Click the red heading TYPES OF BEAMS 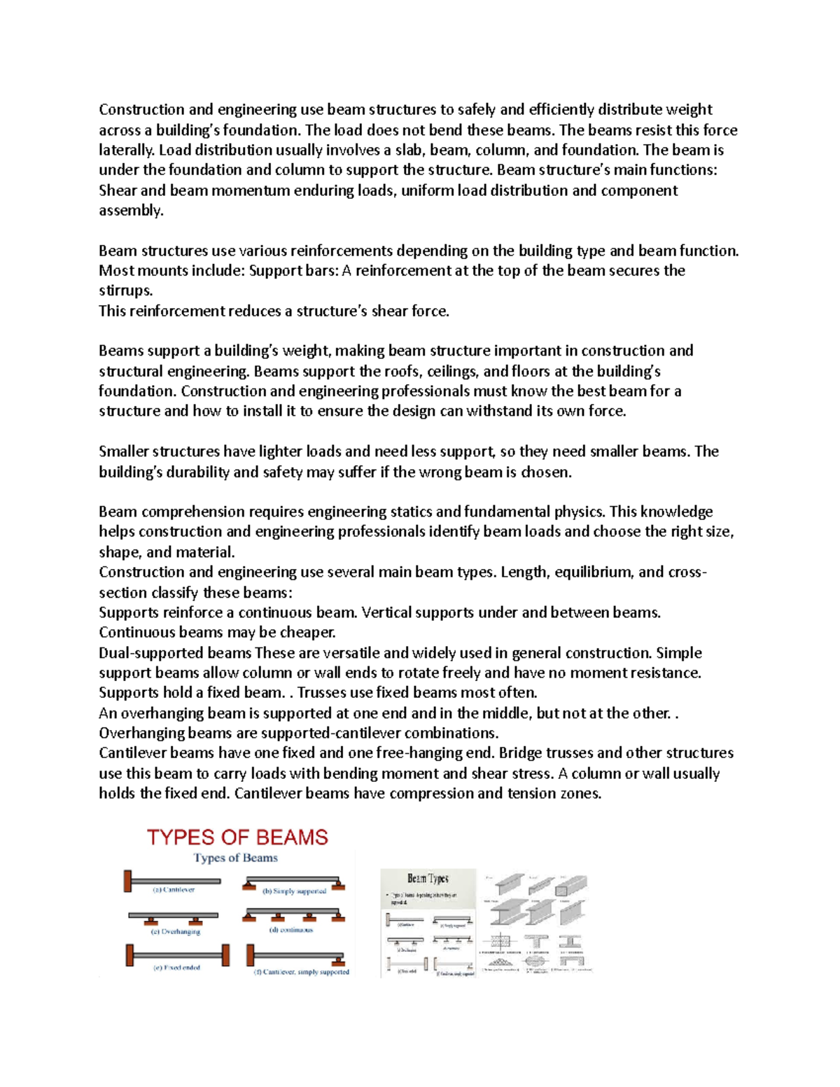(x=237, y=837)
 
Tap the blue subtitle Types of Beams (x=236, y=858)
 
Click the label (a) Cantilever (x=174, y=890)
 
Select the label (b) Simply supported (x=294, y=891)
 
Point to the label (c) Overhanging (x=176, y=932)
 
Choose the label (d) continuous (x=291, y=930)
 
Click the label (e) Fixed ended (x=176, y=967)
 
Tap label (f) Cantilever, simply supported (x=301, y=972)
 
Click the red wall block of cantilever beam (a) (x=127, y=881)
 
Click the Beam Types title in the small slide (x=428, y=878)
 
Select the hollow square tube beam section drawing (x=570, y=886)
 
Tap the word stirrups (x=125, y=290)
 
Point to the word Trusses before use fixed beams (x=324, y=693)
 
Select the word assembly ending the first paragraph (x=130, y=211)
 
